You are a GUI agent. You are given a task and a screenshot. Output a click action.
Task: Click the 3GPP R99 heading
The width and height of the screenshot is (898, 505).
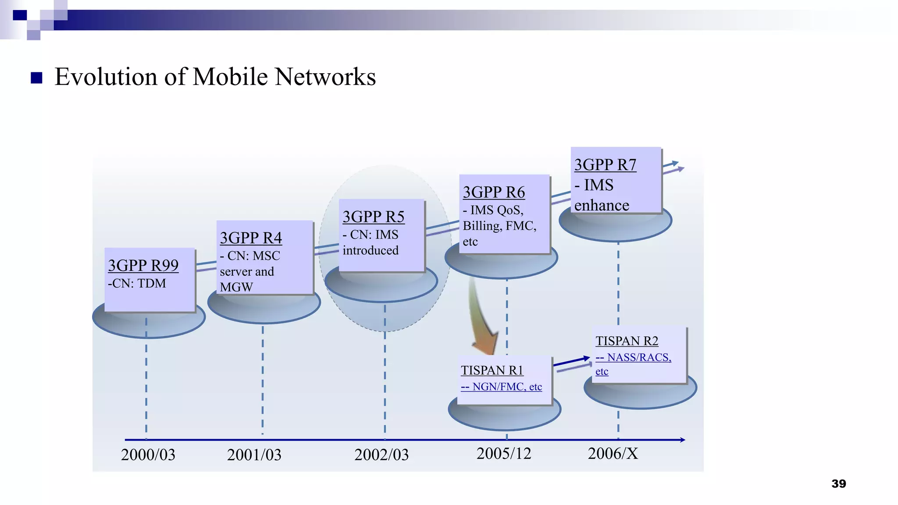[x=143, y=265]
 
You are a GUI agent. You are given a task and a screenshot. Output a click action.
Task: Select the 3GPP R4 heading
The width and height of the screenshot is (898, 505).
[x=251, y=238]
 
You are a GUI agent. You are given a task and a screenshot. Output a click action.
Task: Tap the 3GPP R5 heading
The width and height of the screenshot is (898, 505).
[x=373, y=217]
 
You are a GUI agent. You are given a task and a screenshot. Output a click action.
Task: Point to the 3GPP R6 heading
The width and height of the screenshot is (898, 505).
[x=494, y=192]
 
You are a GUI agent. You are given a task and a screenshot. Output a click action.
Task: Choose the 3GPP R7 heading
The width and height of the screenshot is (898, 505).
[x=605, y=164]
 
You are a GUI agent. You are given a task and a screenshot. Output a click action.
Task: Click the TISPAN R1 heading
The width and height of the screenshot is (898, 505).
[x=492, y=370]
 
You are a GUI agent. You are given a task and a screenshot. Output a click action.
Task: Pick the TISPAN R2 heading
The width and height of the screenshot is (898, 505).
[x=627, y=341]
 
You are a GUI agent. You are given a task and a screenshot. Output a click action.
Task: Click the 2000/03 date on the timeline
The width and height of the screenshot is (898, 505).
[x=148, y=455]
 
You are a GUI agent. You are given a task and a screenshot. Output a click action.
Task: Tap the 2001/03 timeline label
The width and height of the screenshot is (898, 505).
[x=254, y=455]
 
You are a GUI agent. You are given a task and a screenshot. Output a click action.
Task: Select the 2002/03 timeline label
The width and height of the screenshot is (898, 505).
[x=381, y=455]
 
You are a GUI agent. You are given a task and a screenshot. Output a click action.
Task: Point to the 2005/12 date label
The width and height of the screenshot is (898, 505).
[x=504, y=453]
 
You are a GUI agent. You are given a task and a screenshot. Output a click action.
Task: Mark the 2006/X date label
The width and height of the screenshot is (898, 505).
[x=613, y=453]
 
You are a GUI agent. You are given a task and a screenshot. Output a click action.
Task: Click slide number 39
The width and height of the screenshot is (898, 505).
[x=838, y=484]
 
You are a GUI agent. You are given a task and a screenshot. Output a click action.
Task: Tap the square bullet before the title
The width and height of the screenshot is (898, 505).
[x=37, y=78]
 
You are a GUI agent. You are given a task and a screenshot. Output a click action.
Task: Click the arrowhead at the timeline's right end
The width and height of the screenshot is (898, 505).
[x=682, y=440]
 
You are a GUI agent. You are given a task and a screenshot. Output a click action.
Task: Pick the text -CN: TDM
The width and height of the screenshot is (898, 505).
[x=137, y=284]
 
